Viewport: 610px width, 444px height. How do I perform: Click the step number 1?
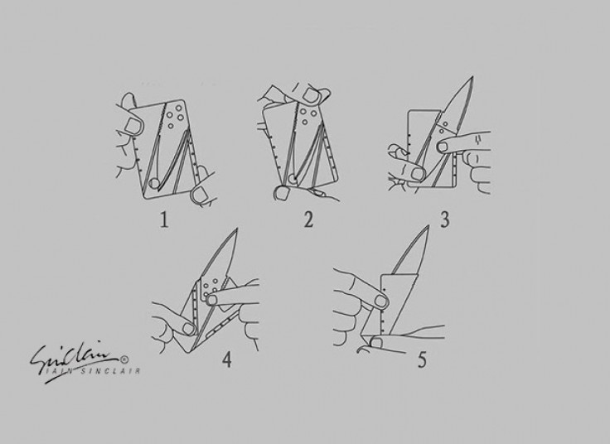tap(165, 220)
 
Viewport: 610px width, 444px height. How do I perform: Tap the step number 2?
tap(308, 220)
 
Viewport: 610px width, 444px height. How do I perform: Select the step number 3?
tap(445, 220)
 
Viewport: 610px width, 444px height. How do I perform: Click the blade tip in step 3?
tap(472, 77)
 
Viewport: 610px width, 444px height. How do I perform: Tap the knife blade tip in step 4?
tap(236, 229)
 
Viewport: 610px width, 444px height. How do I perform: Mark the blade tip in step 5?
tap(428, 226)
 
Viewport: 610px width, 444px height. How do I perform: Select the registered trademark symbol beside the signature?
tap(124, 360)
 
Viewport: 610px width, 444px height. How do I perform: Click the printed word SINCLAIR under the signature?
tap(110, 371)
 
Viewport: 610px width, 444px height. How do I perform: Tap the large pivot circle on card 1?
tap(154, 183)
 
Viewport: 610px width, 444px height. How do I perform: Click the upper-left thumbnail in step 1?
tap(132, 126)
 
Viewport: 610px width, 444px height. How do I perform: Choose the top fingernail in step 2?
tap(312, 95)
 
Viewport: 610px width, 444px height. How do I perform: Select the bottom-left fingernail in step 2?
tap(281, 193)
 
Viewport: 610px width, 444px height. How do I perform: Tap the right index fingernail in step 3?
tap(443, 147)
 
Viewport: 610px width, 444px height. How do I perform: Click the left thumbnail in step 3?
tap(418, 173)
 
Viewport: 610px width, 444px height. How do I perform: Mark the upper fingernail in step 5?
tap(381, 301)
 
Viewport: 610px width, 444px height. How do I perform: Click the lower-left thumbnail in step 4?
tap(189, 329)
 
